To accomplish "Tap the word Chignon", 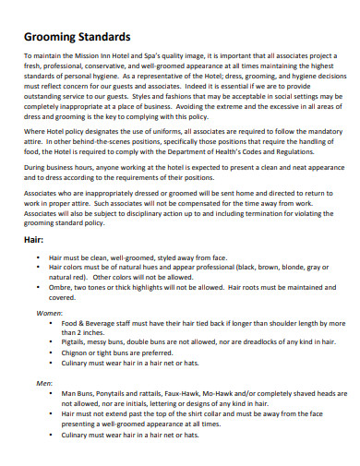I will [78, 352].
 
